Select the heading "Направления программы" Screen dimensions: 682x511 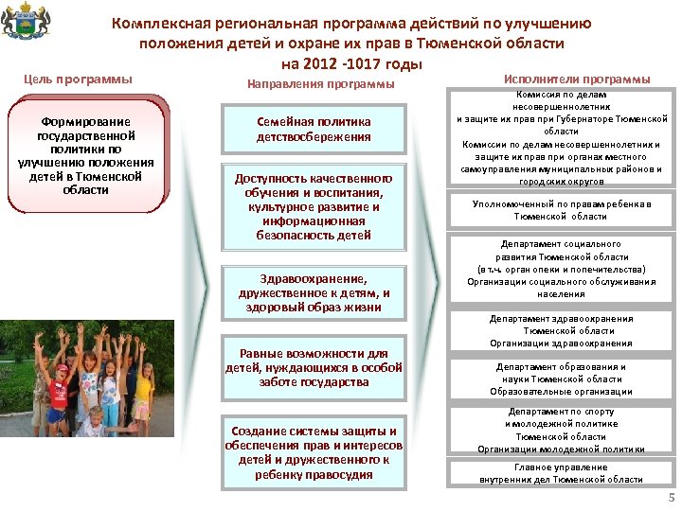pos(320,84)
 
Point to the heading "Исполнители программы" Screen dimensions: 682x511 pos(577,79)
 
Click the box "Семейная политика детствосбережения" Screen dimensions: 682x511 pos(314,130)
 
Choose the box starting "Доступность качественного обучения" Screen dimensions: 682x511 pos(314,206)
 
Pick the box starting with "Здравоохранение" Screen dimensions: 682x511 pos(314,292)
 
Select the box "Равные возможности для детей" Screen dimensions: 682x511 pos(314,368)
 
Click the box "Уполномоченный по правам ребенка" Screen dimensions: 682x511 pos(562,210)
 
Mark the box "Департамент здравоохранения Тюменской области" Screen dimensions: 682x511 pos(562,331)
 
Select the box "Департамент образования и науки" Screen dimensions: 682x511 pos(562,379)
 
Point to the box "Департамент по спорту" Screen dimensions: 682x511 pos(562,431)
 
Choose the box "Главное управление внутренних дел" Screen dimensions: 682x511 pos(562,473)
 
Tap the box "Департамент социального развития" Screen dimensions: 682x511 pos(562,269)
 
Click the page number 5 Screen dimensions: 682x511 pos(672,499)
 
